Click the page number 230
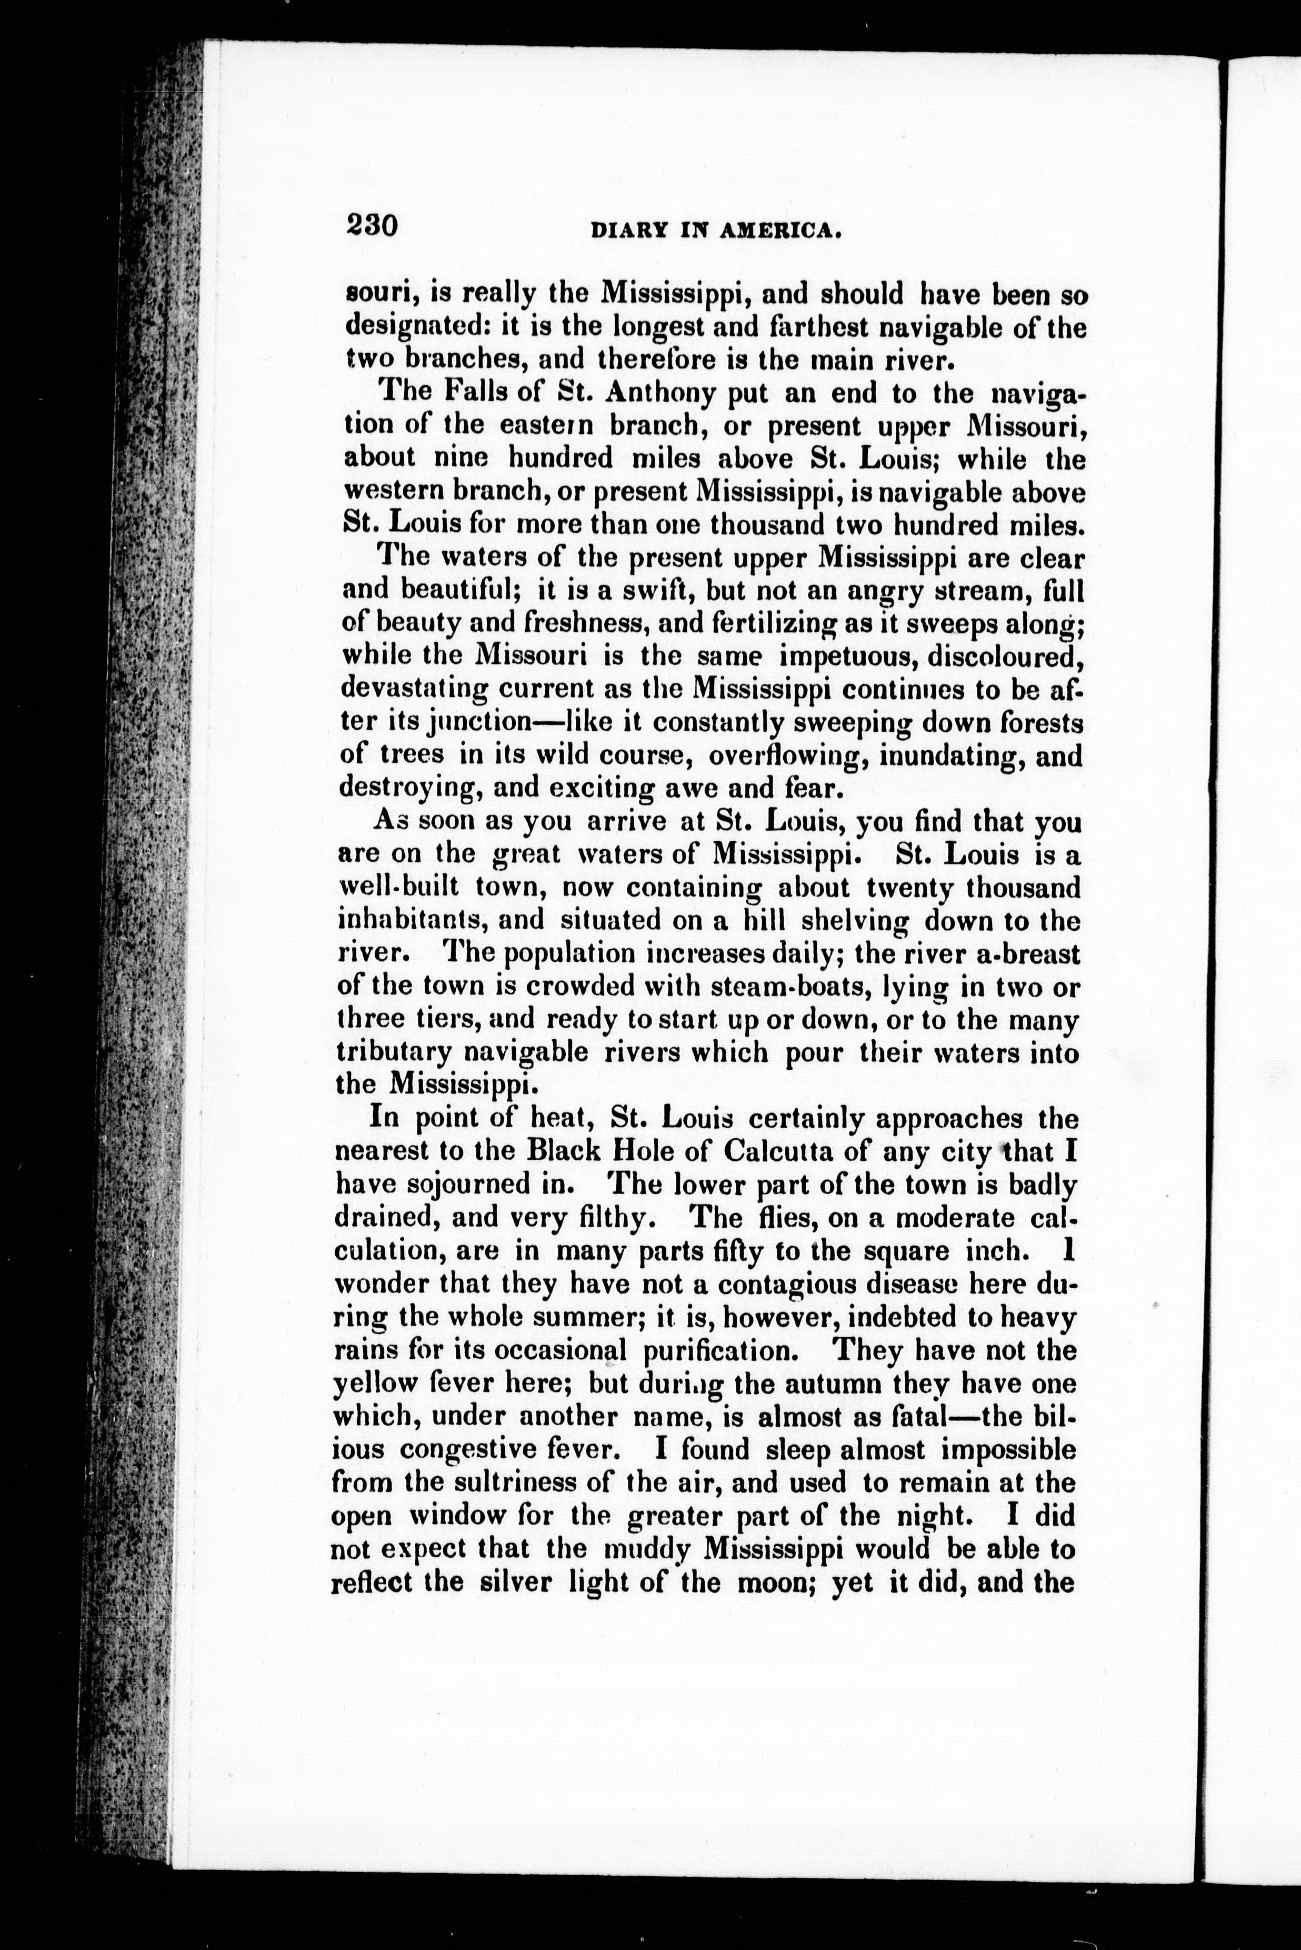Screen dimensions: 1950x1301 click(x=373, y=226)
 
